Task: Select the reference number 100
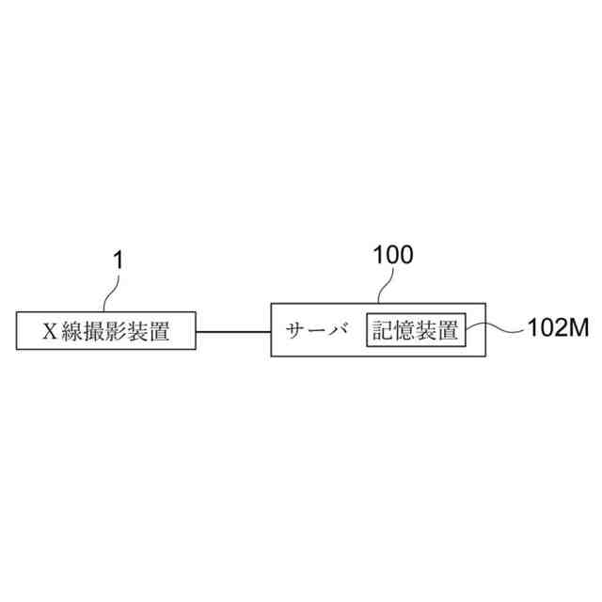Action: pos(392,254)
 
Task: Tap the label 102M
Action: pos(555,329)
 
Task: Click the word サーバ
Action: pos(317,330)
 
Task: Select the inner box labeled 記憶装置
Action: pos(415,330)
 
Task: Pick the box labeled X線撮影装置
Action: pos(106,330)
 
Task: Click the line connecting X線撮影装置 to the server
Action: pos(233,330)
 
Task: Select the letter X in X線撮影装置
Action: pos(52,331)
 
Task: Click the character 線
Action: pos(74,331)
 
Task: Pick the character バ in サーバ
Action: pos(340,330)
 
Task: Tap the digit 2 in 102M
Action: pos(561,329)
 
